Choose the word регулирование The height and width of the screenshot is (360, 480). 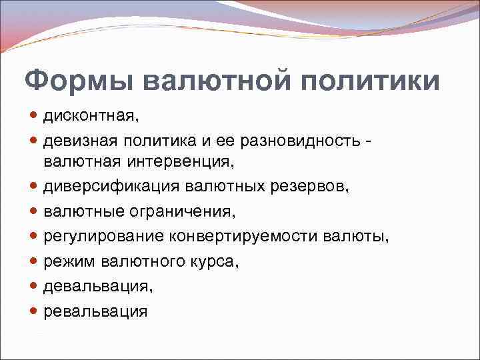pos(104,237)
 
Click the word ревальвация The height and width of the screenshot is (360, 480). pos(95,311)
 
